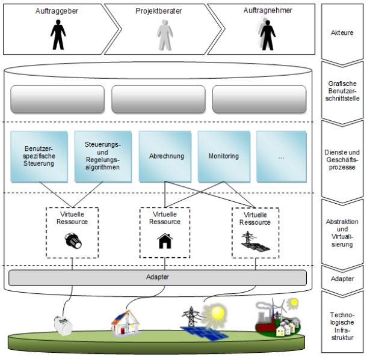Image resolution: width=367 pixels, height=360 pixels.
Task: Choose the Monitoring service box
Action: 223,156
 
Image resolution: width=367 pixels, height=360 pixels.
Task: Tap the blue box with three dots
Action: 282,156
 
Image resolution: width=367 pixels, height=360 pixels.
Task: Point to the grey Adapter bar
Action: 158,278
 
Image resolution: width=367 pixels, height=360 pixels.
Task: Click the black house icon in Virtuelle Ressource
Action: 164,241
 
